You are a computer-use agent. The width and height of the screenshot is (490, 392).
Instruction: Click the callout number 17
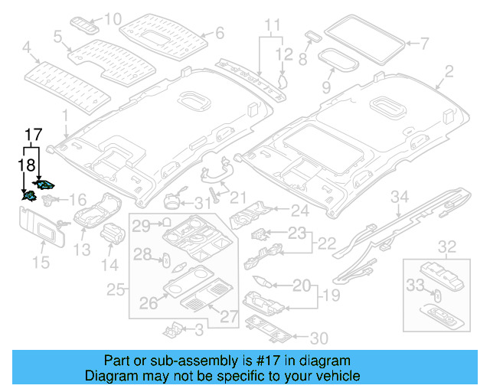(31, 136)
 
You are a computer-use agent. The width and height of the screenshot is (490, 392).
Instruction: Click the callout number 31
(201, 203)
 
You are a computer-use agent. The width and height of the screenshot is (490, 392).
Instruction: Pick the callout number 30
(318, 337)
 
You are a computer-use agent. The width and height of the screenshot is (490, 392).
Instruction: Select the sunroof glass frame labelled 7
(365, 38)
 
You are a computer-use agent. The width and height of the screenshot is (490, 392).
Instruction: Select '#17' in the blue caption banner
(269, 361)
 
